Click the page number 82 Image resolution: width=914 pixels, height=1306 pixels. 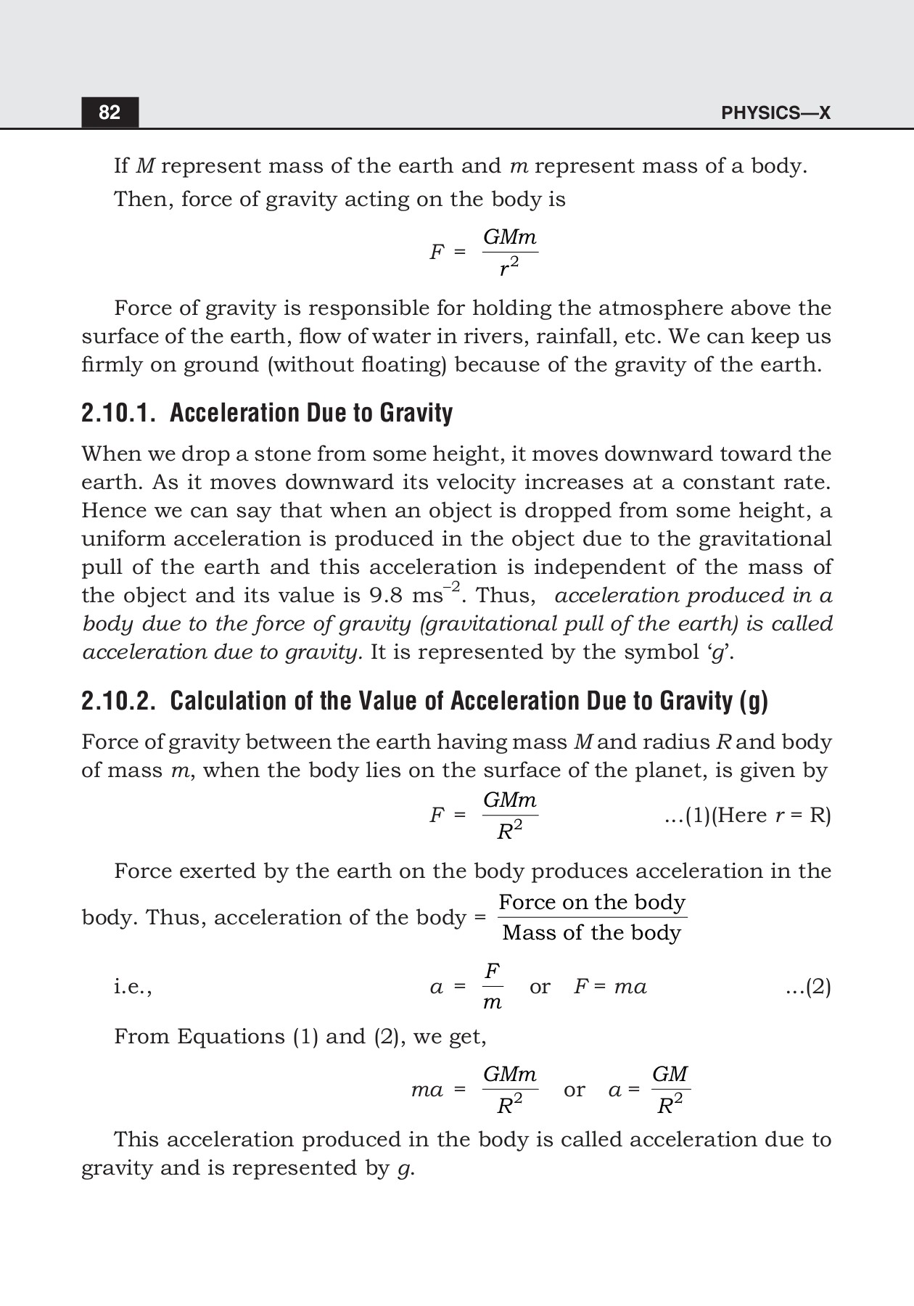click(110, 112)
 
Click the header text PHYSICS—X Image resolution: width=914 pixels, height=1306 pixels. click(775, 113)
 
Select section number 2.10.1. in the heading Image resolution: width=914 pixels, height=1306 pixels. click(118, 413)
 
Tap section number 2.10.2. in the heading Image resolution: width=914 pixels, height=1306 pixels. click(118, 701)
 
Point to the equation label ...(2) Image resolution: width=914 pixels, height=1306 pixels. click(808, 987)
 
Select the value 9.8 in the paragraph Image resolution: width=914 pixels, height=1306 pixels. click(387, 596)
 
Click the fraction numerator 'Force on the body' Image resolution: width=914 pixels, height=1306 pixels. click(592, 902)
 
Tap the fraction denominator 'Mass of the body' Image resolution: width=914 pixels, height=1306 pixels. click(592, 933)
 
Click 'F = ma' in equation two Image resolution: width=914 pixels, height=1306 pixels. click(610, 987)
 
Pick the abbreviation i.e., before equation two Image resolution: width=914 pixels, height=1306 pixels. click(133, 987)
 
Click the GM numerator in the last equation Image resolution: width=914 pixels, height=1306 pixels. click(670, 1074)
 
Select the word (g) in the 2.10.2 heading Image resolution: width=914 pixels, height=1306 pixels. click(754, 701)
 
